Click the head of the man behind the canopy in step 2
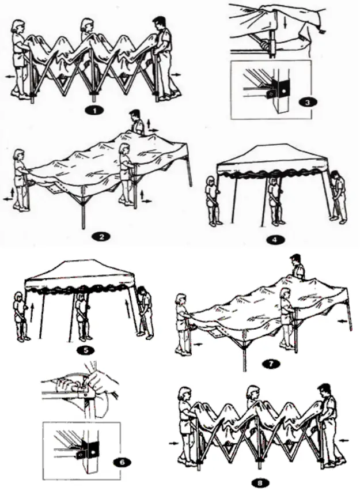pyautogui.click(x=135, y=115)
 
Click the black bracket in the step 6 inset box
pyautogui.click(x=89, y=448)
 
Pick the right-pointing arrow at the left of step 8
pyautogui.click(x=173, y=444)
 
